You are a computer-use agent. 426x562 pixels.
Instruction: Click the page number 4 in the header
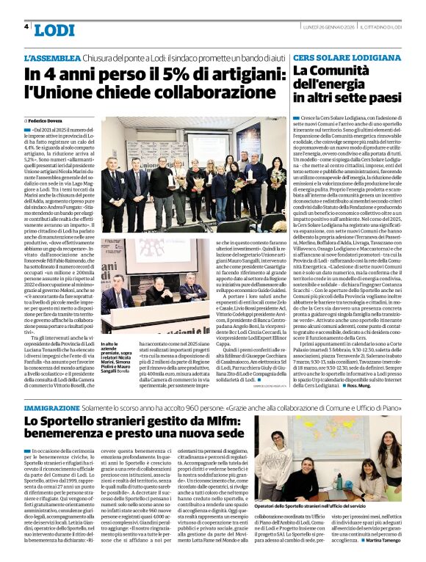click(x=26, y=27)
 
